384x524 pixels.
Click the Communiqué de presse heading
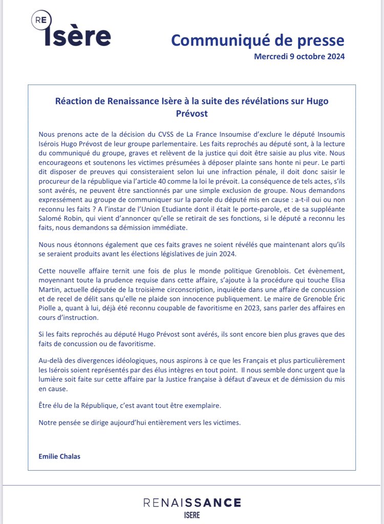258,39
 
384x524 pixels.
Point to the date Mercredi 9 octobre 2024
299,56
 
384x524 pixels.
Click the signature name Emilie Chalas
59,455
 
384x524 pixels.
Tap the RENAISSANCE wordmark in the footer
192,503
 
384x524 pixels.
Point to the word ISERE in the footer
192,515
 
